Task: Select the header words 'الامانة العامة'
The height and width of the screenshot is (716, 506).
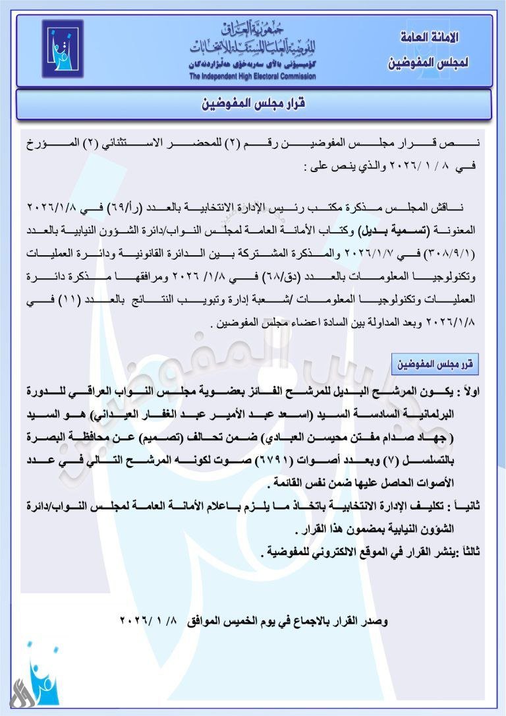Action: pos(429,38)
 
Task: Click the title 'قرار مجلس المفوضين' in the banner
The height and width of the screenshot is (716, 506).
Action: pos(253,105)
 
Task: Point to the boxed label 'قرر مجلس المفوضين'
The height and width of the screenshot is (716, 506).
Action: pos(435,364)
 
